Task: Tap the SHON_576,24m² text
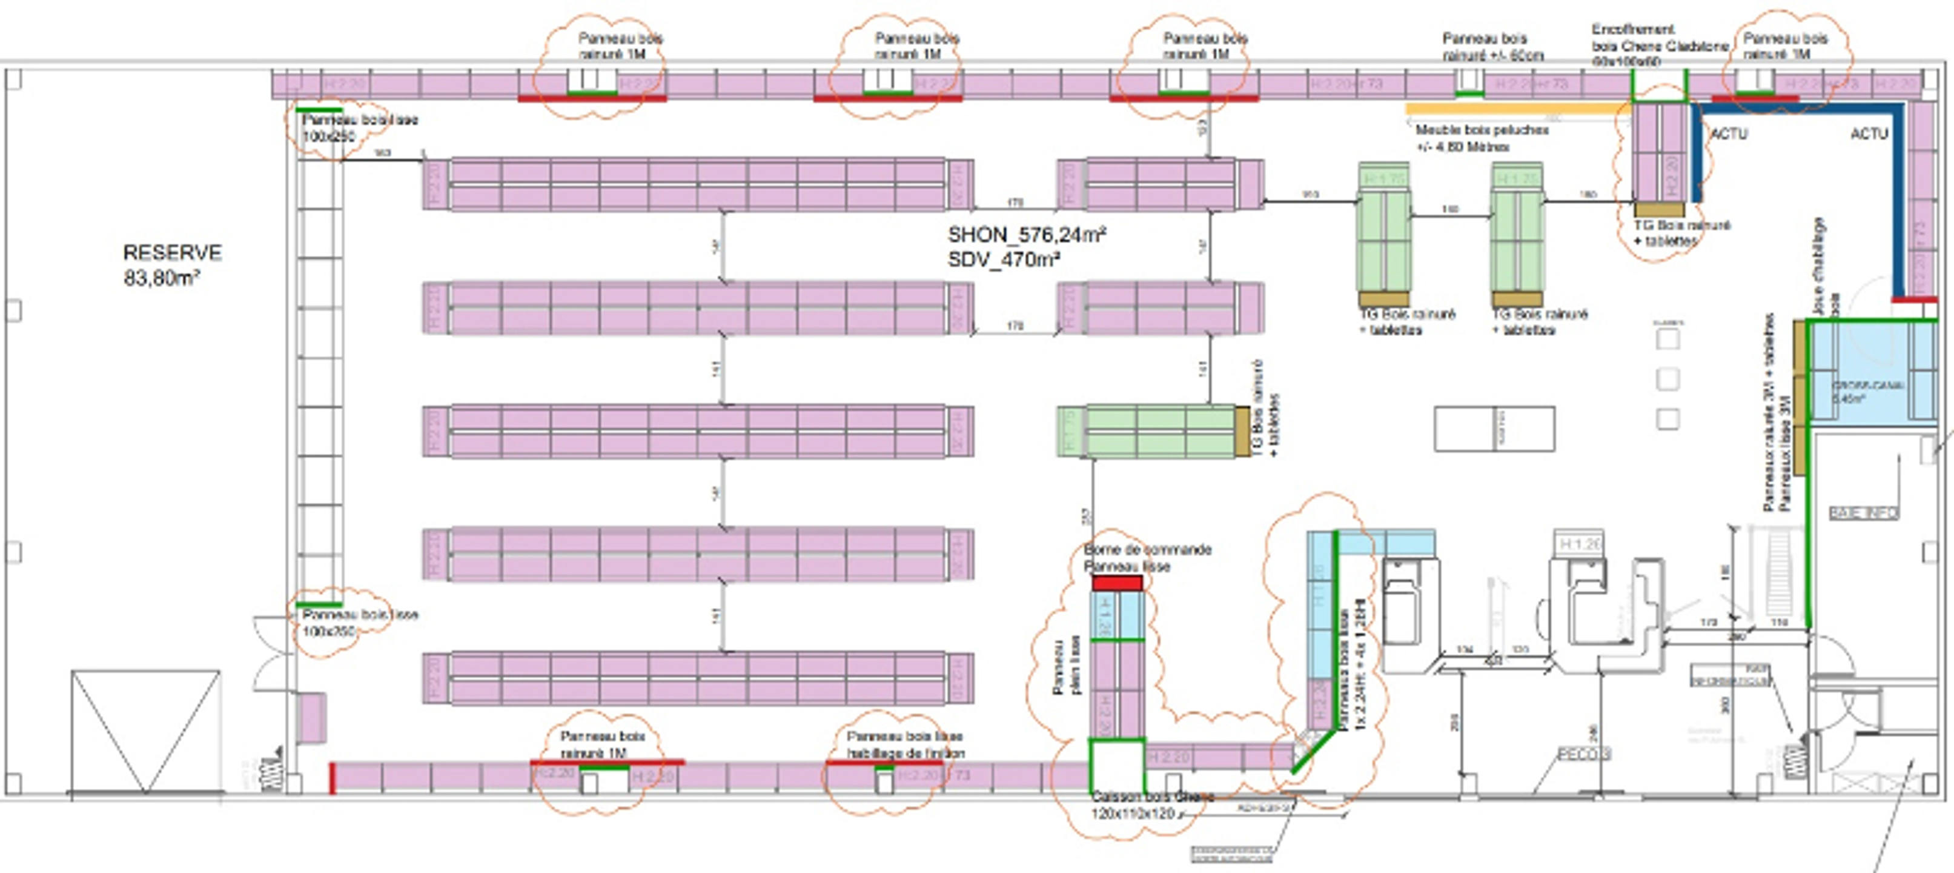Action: [1026, 235]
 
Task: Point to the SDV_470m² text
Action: [1004, 259]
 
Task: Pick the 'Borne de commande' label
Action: [1147, 549]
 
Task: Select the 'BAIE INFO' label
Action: [1864, 513]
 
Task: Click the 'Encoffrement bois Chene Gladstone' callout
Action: [1659, 45]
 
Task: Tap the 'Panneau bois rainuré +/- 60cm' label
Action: [1492, 46]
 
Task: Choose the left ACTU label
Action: [1728, 133]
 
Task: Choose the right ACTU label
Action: [1868, 133]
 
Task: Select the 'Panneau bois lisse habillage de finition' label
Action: [905, 744]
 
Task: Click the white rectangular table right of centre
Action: [1494, 429]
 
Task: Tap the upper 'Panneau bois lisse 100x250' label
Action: [360, 127]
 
